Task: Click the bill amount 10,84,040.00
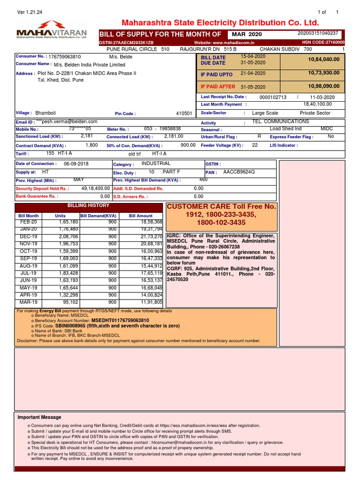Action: click(324, 60)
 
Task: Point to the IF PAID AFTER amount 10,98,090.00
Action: click(324, 87)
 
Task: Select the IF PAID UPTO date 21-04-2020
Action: click(253, 74)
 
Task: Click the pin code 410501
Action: click(184, 113)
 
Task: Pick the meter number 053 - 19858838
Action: click(162, 129)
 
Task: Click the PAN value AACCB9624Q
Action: click(239, 172)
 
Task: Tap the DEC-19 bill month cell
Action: click(28, 237)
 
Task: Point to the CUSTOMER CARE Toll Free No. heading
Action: click(222, 207)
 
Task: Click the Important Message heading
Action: click(39, 417)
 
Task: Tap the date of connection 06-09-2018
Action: click(76, 164)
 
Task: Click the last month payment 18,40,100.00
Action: click(317, 105)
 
